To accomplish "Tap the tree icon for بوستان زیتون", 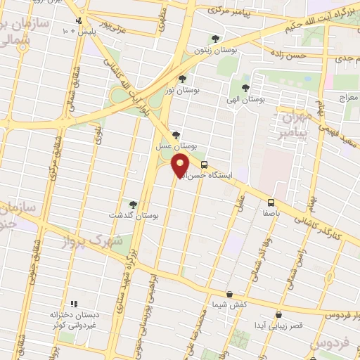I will pyautogui.click(x=215, y=39).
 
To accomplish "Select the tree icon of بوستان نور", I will pyautogui.click(x=183, y=79).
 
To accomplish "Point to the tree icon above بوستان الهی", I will pyautogui.click(x=245, y=88).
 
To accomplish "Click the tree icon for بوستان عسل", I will pyautogui.click(x=176, y=136).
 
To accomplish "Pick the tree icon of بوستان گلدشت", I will pyautogui.click(x=133, y=204).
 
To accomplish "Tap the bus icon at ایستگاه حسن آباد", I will pyautogui.click(x=204, y=165).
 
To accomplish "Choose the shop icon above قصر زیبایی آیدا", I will pyautogui.click(x=279, y=314).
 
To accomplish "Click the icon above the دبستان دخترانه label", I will pyautogui.click(x=74, y=304).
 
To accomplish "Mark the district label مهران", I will pyautogui.click(x=295, y=117).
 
